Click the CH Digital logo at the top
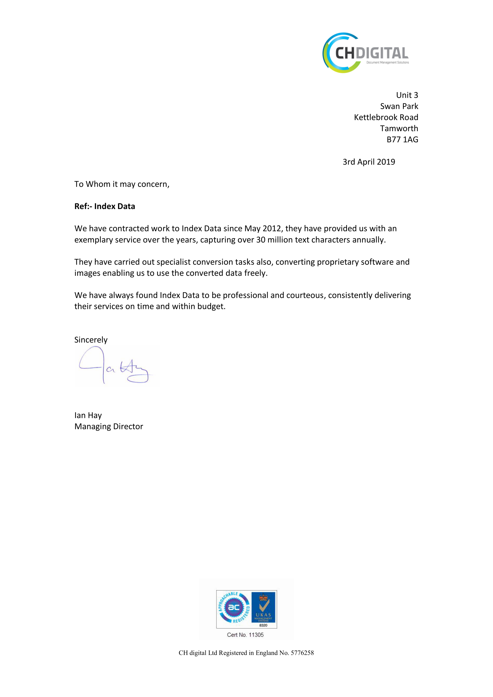(365, 53)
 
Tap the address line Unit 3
(407, 95)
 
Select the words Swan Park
(399, 106)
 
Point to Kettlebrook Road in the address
(386, 117)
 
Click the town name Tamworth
(399, 128)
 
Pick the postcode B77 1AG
(402, 140)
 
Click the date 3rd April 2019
(368, 162)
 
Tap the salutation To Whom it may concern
(122, 184)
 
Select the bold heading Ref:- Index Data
(105, 206)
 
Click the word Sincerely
(91, 340)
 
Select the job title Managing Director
(109, 427)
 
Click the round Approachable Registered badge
(234, 608)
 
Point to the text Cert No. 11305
(245, 635)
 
